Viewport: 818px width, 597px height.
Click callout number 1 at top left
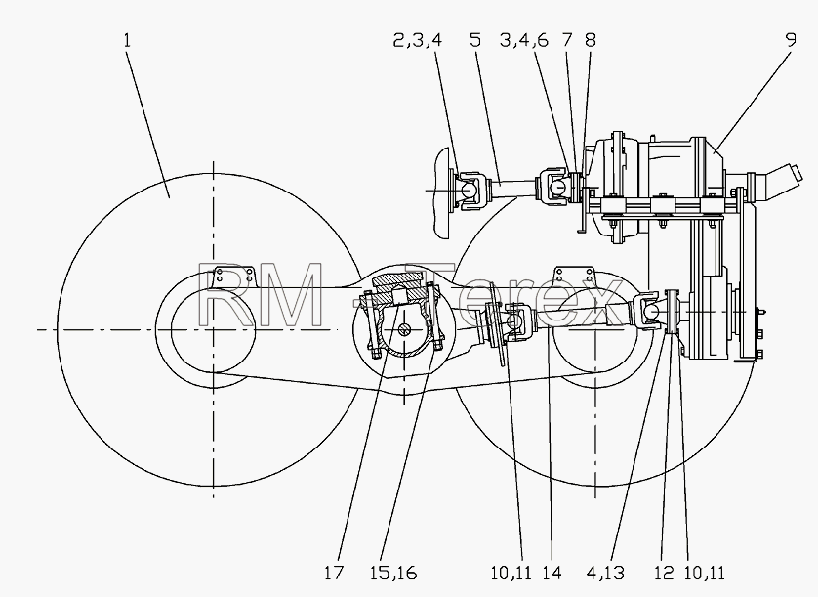[x=127, y=40]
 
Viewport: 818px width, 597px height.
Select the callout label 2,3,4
[x=418, y=40]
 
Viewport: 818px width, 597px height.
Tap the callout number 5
[x=475, y=40]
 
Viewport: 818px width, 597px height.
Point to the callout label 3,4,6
[x=524, y=40]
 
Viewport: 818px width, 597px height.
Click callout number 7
[x=567, y=40]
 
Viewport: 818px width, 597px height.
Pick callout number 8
[x=590, y=40]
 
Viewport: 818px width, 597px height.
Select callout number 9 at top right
[x=791, y=40]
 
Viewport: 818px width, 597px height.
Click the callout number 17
[x=334, y=573]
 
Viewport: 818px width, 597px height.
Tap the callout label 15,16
[x=393, y=573]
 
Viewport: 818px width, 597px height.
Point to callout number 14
[x=552, y=573]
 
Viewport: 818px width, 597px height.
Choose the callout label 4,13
[x=605, y=573]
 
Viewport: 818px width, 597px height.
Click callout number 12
[x=664, y=573]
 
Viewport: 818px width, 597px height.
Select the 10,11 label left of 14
[x=511, y=573]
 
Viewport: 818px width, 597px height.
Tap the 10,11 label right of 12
[x=704, y=573]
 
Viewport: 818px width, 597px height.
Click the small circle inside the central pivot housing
[x=405, y=329]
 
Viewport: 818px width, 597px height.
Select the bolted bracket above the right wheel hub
[x=574, y=277]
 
